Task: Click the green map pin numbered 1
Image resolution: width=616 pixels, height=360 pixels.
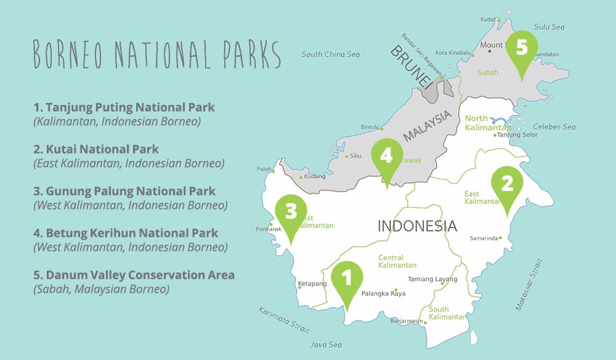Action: pos(346,280)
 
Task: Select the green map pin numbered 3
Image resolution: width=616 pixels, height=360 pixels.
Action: pos(291,213)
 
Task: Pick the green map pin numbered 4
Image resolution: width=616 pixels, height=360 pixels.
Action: pos(386,157)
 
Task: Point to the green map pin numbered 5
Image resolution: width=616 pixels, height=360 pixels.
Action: pos(522,49)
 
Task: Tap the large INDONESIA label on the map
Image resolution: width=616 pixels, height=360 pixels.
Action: pos(417,226)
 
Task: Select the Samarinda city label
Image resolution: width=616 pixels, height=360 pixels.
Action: pos(484,238)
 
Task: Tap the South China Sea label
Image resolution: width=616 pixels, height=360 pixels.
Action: pos(330,54)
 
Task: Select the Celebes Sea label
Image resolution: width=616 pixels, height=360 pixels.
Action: pos(554,127)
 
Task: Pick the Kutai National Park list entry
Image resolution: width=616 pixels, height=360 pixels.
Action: pos(96,149)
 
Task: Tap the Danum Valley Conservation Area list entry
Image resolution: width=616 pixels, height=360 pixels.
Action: pos(134,275)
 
